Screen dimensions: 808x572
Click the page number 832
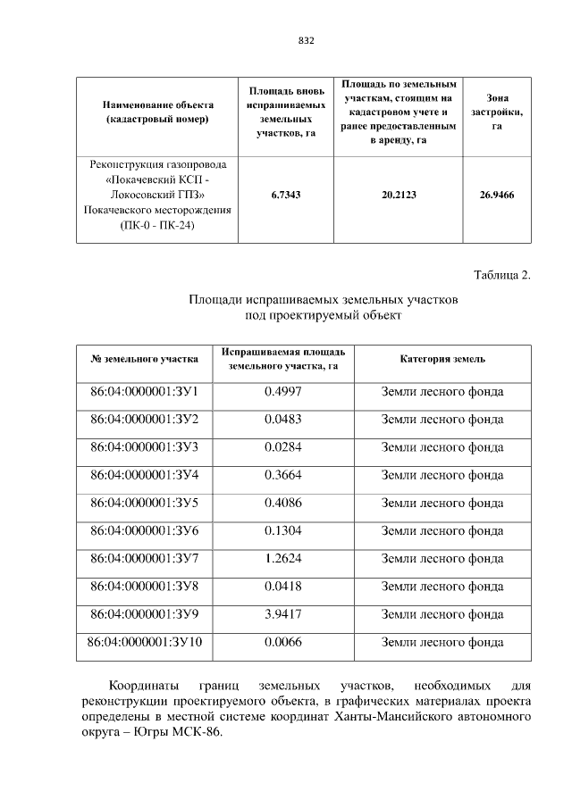(307, 41)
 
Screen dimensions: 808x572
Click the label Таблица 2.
(501, 274)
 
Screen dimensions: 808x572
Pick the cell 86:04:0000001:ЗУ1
(145, 391)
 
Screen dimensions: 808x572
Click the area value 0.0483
(283, 419)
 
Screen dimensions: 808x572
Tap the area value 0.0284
(283, 446)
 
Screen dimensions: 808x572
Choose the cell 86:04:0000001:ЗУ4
(145, 475)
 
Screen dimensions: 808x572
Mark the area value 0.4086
(283, 503)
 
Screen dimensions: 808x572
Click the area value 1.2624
(283, 558)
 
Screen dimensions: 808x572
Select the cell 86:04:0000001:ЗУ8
(145, 587)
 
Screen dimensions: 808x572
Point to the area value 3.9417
(283, 614)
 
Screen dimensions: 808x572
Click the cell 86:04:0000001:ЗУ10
(145, 642)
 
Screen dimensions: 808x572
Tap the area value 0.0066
(283, 642)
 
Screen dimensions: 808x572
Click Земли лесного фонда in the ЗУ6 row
(442, 530)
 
